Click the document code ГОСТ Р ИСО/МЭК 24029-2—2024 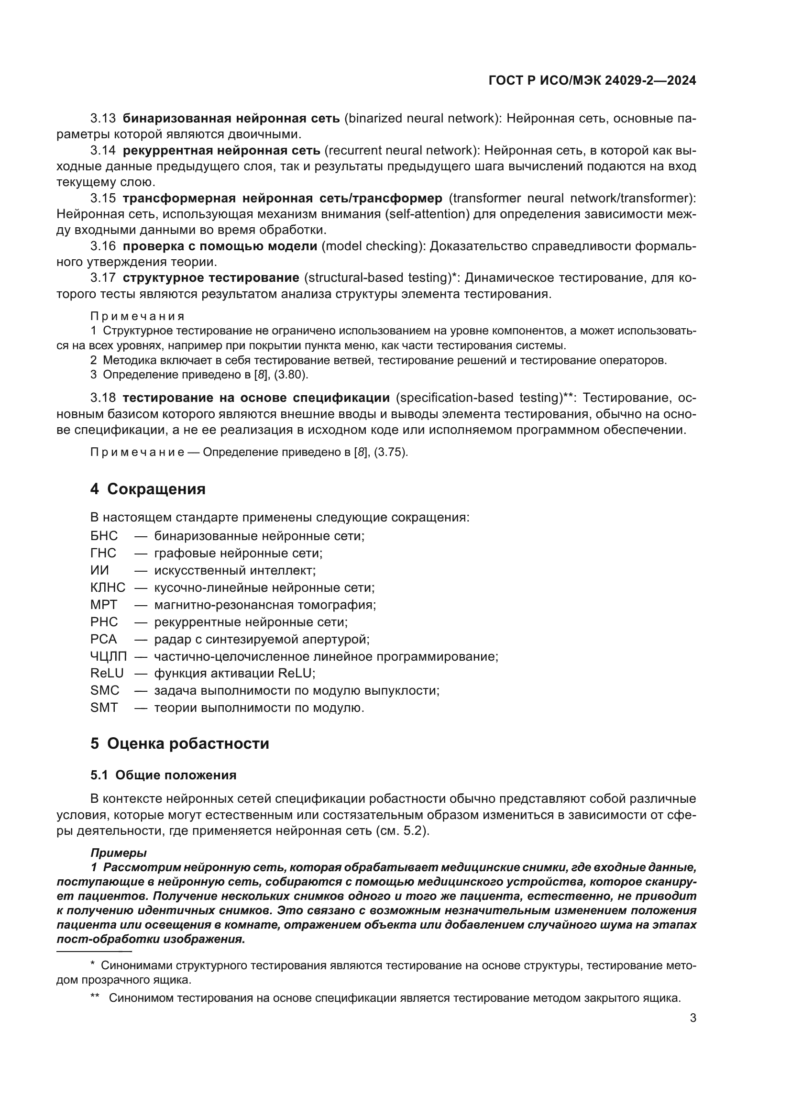coord(592,81)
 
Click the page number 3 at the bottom coord(692,1018)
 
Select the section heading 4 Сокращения coord(148,489)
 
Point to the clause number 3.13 coord(103,119)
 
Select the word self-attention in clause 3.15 coord(426,214)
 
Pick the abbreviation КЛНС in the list coord(108,587)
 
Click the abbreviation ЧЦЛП coord(108,656)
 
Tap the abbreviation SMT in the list coord(104,707)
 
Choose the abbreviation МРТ coord(104,604)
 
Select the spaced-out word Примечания coord(137,316)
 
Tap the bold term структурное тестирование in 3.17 coord(211,278)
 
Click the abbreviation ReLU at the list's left coord(107,673)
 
